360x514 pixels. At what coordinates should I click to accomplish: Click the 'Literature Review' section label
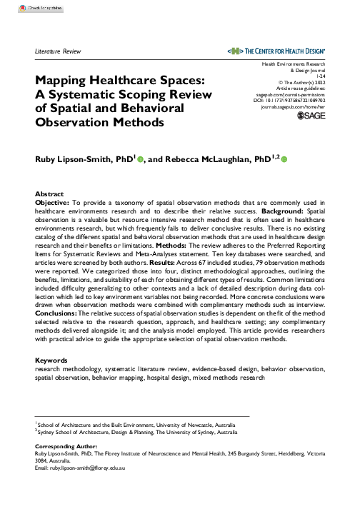(59, 52)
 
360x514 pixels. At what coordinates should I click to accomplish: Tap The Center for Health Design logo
(275, 51)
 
